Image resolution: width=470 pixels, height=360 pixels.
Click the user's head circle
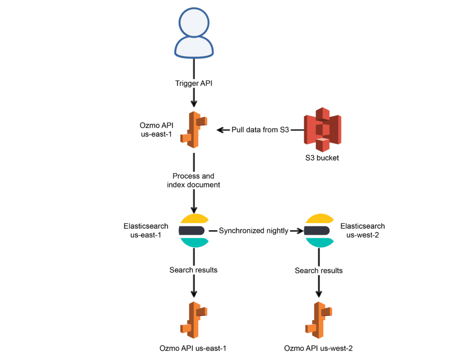(194, 22)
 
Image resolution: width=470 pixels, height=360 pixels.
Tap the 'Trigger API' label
(194, 83)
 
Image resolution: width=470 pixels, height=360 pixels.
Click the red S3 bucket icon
(323, 129)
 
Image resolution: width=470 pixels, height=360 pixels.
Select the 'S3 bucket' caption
(322, 158)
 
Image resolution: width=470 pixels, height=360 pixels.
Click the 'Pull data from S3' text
(260, 130)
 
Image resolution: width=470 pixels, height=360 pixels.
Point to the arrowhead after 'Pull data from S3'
(220, 130)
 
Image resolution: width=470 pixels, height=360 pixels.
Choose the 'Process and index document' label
(194, 180)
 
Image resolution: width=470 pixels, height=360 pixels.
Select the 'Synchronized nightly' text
(253, 231)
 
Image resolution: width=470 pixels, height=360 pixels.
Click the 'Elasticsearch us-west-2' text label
(363, 230)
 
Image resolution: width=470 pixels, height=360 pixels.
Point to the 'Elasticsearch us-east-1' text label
(146, 230)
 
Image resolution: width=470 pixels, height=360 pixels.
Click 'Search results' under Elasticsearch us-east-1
(194, 270)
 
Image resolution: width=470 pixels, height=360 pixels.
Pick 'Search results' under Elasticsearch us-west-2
(319, 271)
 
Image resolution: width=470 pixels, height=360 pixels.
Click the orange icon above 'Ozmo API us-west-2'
(319, 320)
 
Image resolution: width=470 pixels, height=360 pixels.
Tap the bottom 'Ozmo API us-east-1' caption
(193, 349)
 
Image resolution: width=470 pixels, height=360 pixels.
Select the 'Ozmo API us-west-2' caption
(319, 349)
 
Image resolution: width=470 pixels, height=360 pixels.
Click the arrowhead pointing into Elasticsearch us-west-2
(300, 231)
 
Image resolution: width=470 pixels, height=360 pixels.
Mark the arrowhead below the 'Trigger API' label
(194, 103)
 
